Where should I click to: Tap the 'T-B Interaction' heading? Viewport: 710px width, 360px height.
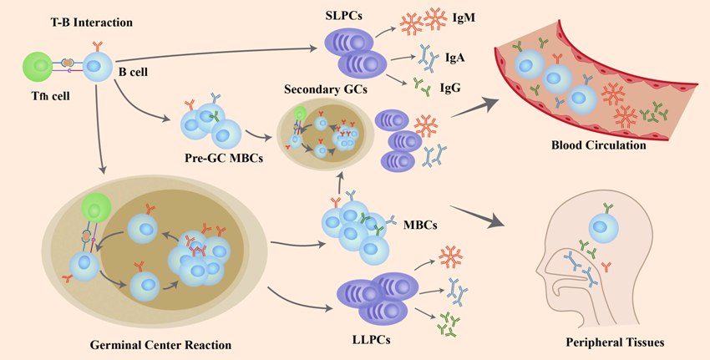coord(92,23)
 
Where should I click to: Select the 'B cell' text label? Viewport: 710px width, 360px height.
coord(133,72)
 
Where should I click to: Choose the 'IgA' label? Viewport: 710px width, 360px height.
coord(455,58)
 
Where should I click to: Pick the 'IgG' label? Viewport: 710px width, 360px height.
coord(450,88)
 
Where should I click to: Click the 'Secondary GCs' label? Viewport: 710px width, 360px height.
coord(326,89)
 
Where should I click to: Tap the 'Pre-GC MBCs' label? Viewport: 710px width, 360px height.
coord(224,158)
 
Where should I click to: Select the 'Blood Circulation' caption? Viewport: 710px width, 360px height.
coord(599,145)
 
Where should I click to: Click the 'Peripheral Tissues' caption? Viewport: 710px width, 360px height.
coord(616,342)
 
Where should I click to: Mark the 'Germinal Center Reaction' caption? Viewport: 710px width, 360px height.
coord(160,345)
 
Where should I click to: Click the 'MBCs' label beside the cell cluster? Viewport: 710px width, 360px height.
coord(420,224)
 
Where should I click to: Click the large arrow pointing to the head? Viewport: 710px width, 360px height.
coord(478,215)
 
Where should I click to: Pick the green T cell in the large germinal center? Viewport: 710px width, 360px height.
coord(95,208)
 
